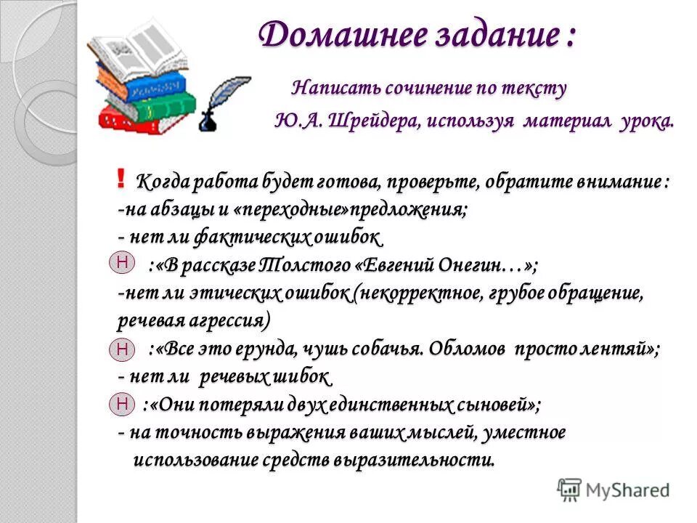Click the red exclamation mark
[121, 178]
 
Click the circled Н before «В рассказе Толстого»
[122, 262]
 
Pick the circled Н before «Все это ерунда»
[122, 350]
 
